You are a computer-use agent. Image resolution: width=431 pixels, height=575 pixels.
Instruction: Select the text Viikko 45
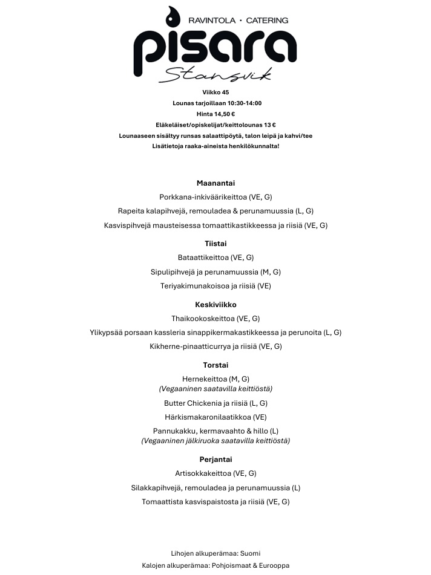pos(215,93)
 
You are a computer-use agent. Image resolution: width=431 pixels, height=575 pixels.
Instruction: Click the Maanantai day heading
pos(215,183)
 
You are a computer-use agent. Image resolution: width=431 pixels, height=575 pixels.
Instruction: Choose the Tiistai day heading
pos(215,243)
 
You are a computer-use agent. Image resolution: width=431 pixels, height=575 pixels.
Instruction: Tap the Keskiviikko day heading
pos(215,304)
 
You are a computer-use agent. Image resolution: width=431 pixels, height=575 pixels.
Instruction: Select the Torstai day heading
pos(215,365)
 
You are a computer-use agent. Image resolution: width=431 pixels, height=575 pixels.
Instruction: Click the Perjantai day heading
pos(215,460)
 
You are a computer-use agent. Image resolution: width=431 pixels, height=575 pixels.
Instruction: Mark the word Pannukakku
pos(173,431)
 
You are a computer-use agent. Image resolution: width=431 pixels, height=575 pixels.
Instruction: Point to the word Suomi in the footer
pos(250,553)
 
